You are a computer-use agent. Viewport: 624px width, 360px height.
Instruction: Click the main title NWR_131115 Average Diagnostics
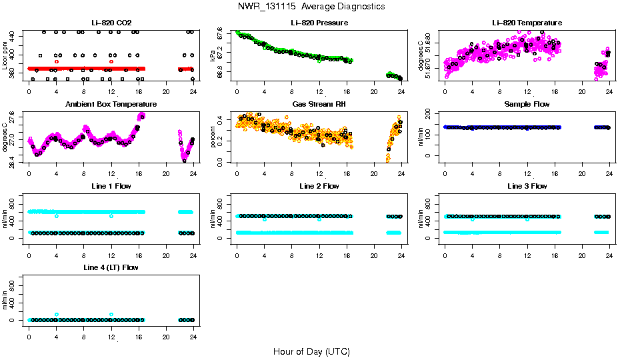tap(311, 7)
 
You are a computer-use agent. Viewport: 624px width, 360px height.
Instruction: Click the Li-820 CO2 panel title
tap(111, 23)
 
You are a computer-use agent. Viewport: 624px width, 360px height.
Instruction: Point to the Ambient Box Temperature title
tap(111, 105)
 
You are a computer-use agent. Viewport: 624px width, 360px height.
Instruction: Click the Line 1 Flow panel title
tap(111, 186)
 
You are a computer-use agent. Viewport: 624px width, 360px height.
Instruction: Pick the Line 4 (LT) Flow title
tap(111, 267)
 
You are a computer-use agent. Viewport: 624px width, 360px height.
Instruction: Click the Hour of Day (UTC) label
tap(311, 351)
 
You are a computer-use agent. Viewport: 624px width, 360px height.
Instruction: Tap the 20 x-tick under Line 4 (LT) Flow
tap(165, 330)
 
